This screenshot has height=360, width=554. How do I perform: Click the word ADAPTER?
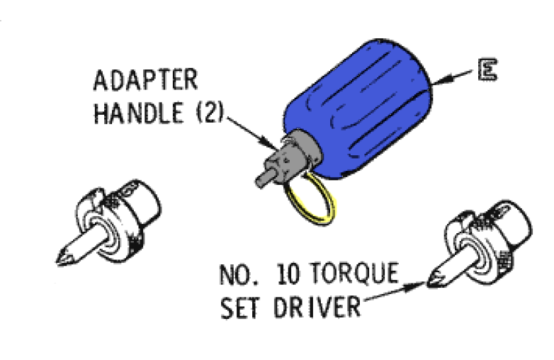tap(145, 79)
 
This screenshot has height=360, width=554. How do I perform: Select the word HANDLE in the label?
tap(139, 113)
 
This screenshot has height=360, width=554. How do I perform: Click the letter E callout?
tap(488, 70)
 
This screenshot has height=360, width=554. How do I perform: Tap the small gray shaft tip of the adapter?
tap(264, 179)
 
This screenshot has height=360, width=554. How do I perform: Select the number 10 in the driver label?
tap(288, 274)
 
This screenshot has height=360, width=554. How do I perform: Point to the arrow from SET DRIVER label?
tap(393, 292)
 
